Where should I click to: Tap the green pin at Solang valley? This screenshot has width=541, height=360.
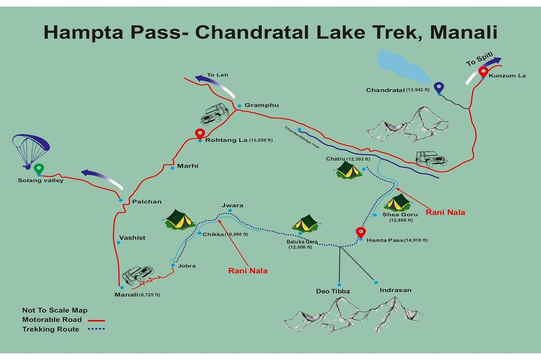[x=39, y=169]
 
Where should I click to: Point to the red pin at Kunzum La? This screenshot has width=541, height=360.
[x=483, y=72]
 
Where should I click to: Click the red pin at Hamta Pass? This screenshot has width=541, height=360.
[x=361, y=232]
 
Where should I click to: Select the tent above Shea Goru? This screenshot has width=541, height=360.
[x=397, y=203]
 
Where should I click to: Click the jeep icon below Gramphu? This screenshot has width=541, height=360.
[x=214, y=114]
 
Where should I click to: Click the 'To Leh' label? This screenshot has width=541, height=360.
[x=218, y=75]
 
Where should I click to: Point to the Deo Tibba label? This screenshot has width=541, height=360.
[x=333, y=291]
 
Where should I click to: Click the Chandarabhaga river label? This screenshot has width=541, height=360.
[x=302, y=137]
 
